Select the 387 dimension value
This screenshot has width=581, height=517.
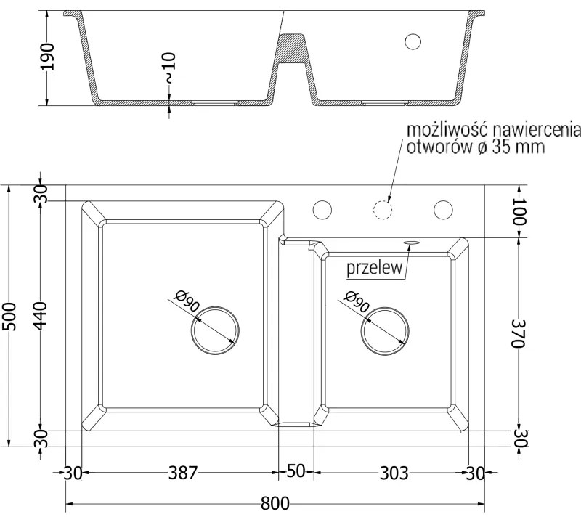(x=183, y=473)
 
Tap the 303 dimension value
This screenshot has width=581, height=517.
(x=393, y=473)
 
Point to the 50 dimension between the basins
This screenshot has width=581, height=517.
(x=294, y=471)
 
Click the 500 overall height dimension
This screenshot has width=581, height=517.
(x=9, y=316)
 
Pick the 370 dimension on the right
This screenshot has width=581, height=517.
(x=517, y=334)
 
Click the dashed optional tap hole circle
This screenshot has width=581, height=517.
(x=382, y=210)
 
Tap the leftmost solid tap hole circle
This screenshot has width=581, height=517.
(x=322, y=210)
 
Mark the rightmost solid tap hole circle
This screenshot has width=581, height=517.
(x=442, y=210)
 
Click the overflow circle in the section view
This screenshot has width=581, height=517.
(x=413, y=41)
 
